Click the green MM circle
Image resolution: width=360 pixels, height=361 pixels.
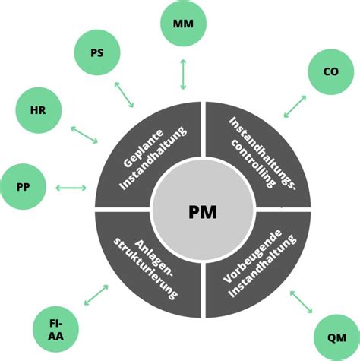coord(183,23)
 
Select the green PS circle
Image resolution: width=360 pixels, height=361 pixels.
coord(97,52)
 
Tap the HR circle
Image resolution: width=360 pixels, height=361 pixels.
coord(39,110)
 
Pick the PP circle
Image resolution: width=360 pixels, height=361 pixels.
coord(23,187)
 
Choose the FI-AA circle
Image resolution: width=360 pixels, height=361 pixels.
coord(55,329)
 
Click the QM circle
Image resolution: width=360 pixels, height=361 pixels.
coord(336,337)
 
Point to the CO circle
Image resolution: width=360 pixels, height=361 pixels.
coord(331,71)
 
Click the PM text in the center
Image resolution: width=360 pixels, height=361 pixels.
coord(203,212)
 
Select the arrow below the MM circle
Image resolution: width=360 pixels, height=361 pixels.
coord(183,74)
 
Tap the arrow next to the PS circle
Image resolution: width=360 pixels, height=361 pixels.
coord(124,94)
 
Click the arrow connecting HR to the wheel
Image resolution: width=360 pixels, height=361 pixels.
coord(84,135)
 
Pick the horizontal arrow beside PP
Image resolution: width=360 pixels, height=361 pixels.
coord(71,188)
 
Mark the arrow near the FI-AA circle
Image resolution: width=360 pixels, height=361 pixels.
coord(96,295)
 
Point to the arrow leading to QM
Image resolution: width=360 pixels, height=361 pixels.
coord(302,302)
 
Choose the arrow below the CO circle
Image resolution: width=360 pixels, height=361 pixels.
coord(295,106)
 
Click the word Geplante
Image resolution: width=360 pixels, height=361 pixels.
coord(144,149)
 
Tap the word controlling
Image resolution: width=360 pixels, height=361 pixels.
coord(253,163)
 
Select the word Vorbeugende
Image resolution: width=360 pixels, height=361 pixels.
coord(253,256)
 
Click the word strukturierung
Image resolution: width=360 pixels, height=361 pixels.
coord(146,269)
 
